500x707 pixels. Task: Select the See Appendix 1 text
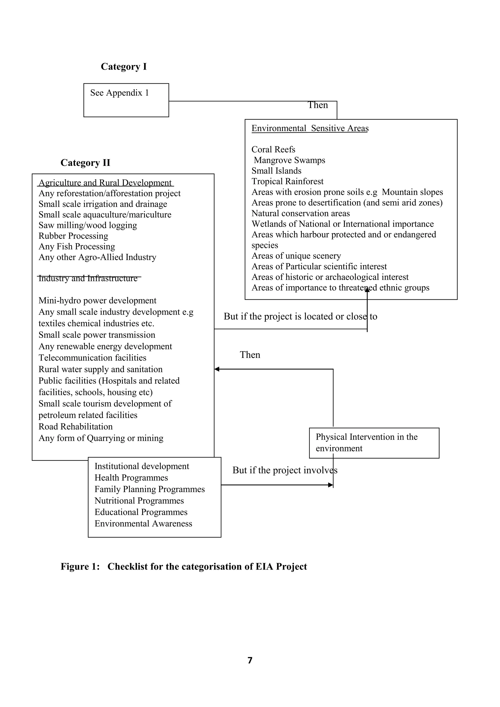click(119, 93)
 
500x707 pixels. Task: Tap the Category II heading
click(85, 163)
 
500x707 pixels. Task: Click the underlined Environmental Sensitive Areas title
click(310, 128)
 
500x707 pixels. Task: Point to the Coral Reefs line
click(273, 149)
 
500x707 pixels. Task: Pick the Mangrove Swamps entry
click(289, 160)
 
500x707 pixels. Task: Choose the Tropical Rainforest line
click(287, 181)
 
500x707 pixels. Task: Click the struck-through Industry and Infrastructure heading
click(88, 278)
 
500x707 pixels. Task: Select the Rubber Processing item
click(73, 236)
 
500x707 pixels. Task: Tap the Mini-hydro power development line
click(97, 301)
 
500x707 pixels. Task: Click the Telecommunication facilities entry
click(92, 358)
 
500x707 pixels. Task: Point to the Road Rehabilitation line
click(75, 426)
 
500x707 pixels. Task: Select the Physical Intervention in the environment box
click(374, 443)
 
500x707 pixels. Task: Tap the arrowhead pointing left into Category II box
click(217, 369)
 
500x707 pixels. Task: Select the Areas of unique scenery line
click(296, 256)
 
